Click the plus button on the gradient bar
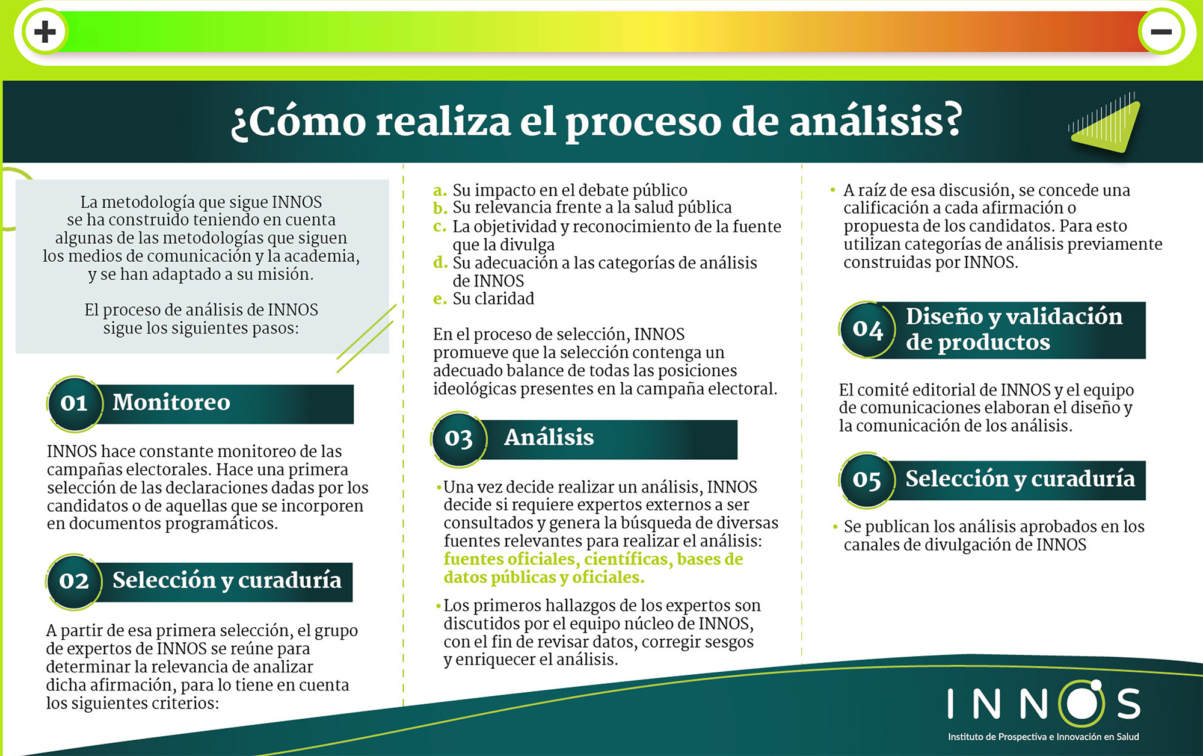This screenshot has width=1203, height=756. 45,32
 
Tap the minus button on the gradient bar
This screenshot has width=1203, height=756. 1161,32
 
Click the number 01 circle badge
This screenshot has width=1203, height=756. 75,404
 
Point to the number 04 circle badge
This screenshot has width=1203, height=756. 867,329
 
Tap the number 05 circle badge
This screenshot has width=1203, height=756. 867,480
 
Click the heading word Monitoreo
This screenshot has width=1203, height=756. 171,402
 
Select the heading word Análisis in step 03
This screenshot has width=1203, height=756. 549,437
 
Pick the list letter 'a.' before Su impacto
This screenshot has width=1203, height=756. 440,191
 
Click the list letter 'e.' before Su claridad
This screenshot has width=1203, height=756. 440,299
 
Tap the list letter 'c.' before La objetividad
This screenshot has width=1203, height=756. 440,227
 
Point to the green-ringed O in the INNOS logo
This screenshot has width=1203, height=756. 1081,704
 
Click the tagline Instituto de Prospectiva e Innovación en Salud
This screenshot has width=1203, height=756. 1044,737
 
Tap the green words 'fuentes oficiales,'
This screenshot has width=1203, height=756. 512,559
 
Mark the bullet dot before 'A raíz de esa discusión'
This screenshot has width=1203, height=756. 833,190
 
